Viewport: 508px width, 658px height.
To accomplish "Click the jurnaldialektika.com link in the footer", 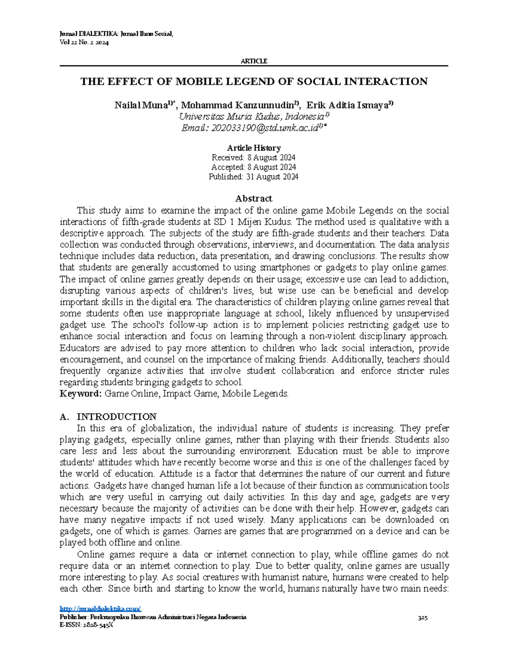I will click(x=101, y=609).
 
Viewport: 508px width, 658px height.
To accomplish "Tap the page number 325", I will click(x=422, y=618).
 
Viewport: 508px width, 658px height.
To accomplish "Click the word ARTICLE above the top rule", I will click(x=254, y=61).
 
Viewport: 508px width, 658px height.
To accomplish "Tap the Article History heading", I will click(x=254, y=148).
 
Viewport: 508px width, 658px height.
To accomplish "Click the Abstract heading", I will click(x=254, y=198).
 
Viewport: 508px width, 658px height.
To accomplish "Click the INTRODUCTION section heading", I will click(x=116, y=416).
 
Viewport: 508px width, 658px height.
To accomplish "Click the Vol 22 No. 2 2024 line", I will click(x=84, y=43).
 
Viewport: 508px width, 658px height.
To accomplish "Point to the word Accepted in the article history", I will click(x=228, y=167).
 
